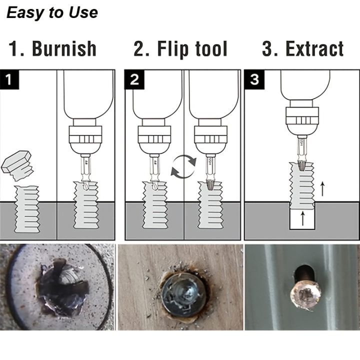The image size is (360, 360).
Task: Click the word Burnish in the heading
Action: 64,49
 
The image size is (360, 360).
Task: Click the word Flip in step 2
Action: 170,49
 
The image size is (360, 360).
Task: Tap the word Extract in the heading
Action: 314,49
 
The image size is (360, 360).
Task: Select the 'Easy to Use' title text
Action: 52,12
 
